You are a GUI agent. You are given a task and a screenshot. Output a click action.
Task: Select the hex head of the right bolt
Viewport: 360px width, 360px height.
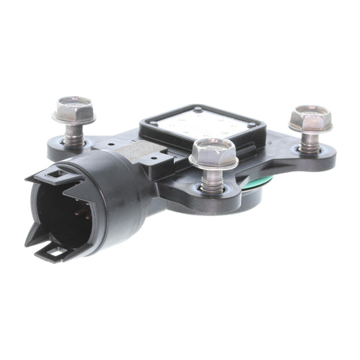tap(310, 118)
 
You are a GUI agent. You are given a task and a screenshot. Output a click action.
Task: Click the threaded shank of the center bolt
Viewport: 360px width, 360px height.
tap(213, 178)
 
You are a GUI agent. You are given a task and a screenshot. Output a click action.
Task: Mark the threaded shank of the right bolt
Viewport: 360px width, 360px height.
tap(310, 142)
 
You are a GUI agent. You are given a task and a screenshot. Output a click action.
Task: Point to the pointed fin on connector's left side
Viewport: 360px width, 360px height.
tap(30, 236)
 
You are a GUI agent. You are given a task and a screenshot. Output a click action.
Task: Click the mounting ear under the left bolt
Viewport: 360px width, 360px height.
tap(61, 149)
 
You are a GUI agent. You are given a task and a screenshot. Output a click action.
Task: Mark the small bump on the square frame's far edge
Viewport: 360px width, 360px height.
tap(197, 108)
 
